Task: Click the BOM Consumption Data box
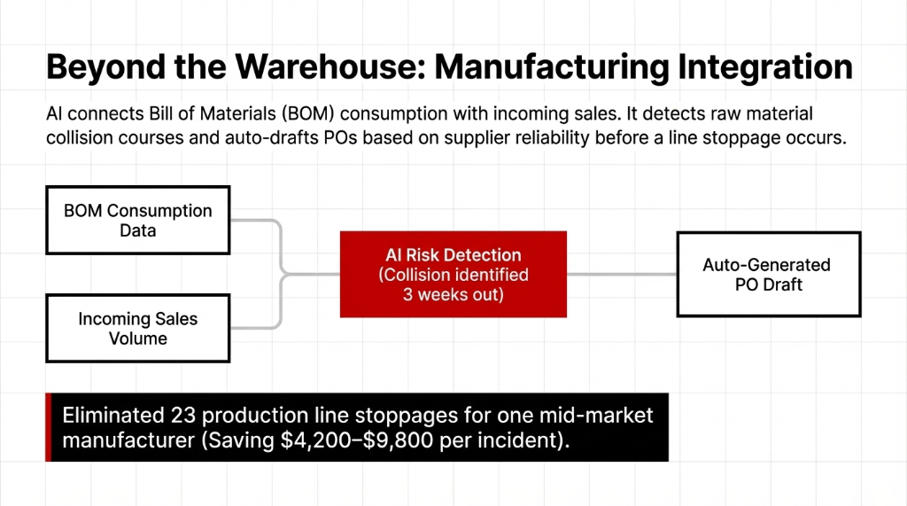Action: [138, 221]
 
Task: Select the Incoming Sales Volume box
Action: [138, 328]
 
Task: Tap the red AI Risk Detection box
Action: [453, 274]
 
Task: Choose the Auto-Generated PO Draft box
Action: [767, 274]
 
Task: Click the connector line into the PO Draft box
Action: [621, 274]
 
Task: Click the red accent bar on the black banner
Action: [49, 427]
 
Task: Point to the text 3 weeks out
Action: [453, 294]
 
